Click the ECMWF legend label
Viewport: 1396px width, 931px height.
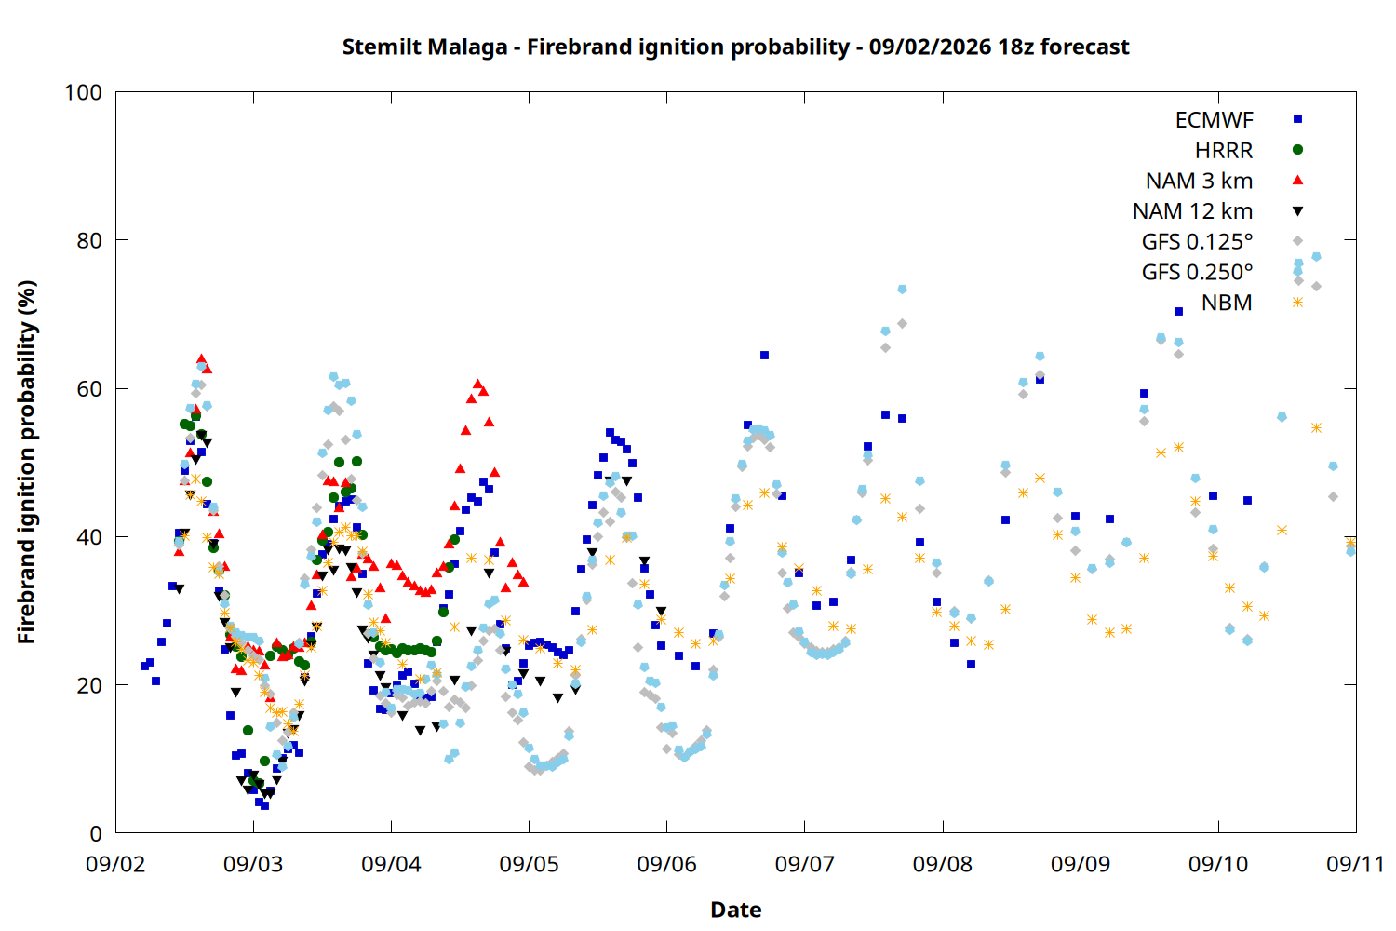(x=1214, y=120)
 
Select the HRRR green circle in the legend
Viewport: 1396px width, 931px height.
(x=1297, y=150)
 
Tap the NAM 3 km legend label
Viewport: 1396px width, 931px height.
(x=1199, y=181)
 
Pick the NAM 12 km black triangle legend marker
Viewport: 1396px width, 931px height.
(x=1297, y=211)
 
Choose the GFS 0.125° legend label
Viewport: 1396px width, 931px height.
(x=1197, y=241)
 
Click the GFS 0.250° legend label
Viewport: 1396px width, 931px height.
(x=1197, y=272)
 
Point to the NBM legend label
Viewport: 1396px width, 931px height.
(x=1227, y=303)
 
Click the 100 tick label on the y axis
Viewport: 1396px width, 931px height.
(x=83, y=92)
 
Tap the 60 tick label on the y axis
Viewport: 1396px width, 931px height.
(x=89, y=388)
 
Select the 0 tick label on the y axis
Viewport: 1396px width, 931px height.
(x=96, y=833)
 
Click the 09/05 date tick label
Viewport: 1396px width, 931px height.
(x=530, y=864)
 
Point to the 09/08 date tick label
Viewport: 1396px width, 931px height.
(x=942, y=864)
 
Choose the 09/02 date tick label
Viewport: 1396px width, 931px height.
(x=115, y=864)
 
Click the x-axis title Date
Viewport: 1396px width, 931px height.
(x=736, y=910)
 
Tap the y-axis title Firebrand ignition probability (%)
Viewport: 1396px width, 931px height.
(x=26, y=462)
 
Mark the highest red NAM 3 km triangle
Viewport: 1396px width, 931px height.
(x=201, y=358)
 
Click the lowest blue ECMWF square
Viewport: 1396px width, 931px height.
(x=265, y=805)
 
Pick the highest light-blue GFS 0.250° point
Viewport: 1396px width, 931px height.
(x=1316, y=256)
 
